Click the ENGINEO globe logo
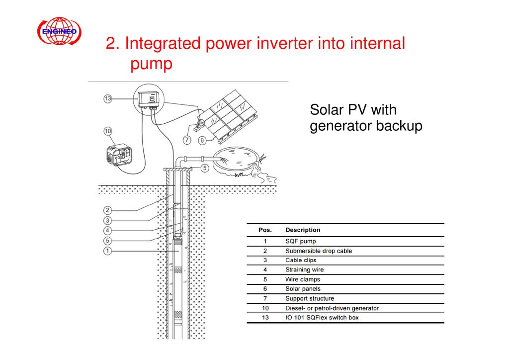(60, 32)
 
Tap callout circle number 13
(107, 98)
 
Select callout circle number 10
(107, 131)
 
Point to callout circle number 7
(187, 140)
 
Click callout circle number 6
(202, 140)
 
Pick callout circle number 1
(107, 251)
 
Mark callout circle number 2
(107, 210)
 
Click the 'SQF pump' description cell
(300, 242)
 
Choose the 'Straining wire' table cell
(304, 270)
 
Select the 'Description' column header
(303, 230)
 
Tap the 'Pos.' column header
(265, 230)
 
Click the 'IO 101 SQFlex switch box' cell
(322, 317)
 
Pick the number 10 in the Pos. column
(265, 308)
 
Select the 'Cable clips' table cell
(300, 260)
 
